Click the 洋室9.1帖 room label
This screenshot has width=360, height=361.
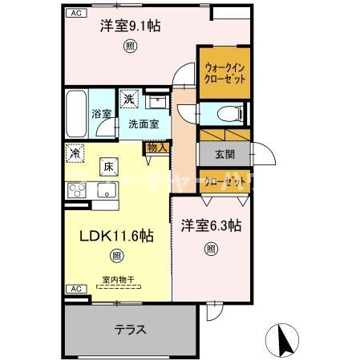pyautogui.click(x=129, y=26)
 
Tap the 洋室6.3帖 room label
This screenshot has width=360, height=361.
pyautogui.click(x=210, y=226)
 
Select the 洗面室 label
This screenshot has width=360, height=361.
pyautogui.click(x=144, y=124)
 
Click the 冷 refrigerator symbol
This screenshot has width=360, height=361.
pyautogui.click(x=75, y=152)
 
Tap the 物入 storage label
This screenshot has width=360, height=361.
pyautogui.click(x=156, y=148)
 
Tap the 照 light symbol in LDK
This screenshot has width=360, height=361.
pyautogui.click(x=116, y=257)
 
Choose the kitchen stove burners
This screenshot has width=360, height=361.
pyautogui.click(x=77, y=191)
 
